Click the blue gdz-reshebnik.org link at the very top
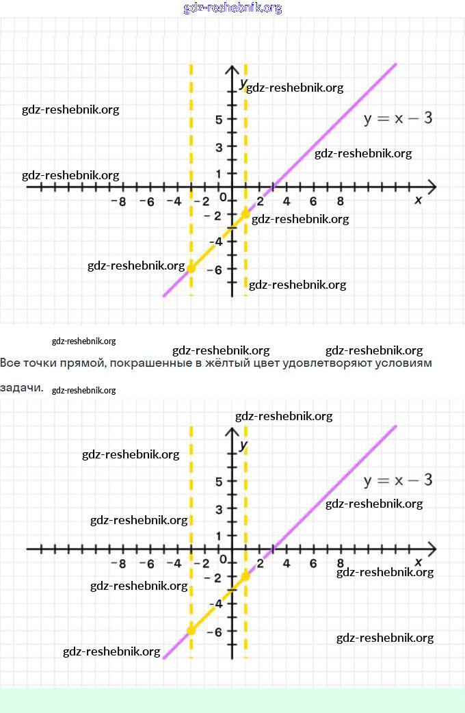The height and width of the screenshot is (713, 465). click(x=232, y=8)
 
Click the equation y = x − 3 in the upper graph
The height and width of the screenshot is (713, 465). click(x=398, y=118)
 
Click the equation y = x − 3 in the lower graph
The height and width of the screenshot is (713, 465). click(x=398, y=480)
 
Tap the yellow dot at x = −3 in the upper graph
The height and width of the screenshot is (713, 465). click(x=191, y=268)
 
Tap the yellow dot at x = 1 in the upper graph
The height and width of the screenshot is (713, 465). click(x=245, y=213)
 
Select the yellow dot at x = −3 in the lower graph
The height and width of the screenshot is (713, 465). click(x=191, y=630)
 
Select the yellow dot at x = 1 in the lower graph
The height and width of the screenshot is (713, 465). click(x=245, y=575)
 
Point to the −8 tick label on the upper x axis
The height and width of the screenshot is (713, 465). click(x=119, y=202)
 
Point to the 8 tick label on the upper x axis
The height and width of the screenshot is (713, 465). click(x=340, y=202)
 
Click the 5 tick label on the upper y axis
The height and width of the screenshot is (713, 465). click(x=219, y=119)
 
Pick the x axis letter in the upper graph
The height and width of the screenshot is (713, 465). click(x=418, y=200)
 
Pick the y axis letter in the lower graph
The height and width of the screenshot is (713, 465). click(x=243, y=445)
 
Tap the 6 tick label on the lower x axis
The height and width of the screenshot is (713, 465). click(x=313, y=564)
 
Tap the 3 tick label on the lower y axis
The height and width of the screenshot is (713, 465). click(x=219, y=508)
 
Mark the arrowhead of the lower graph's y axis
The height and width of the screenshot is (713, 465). click(x=232, y=432)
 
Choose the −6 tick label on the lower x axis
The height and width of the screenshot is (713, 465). click(x=146, y=564)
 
